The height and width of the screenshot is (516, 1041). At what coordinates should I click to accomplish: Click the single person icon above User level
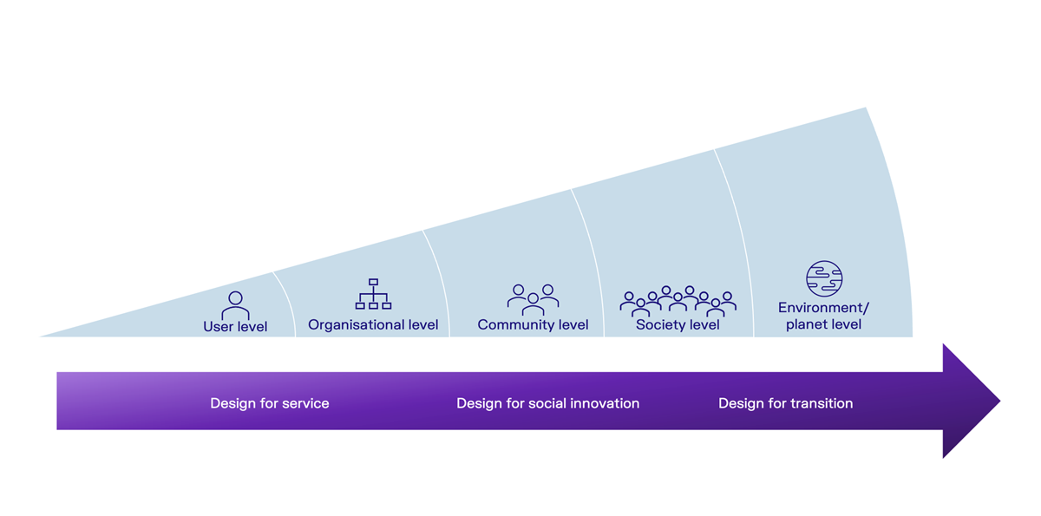[235, 305]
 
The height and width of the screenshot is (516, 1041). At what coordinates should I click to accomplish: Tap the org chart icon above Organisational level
[373, 294]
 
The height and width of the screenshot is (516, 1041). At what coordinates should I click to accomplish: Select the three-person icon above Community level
[533, 299]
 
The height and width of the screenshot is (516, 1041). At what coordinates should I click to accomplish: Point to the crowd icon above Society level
[678, 301]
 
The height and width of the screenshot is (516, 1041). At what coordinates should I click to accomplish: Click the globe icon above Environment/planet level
[823, 278]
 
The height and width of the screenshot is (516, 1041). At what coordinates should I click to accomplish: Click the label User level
[235, 327]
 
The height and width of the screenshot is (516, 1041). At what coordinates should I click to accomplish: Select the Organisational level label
[373, 325]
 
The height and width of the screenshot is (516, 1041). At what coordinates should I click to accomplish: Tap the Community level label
[533, 325]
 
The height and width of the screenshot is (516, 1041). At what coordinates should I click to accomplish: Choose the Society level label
[678, 325]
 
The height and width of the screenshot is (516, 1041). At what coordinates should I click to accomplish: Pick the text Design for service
[270, 403]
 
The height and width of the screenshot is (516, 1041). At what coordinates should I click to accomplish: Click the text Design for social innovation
[547, 403]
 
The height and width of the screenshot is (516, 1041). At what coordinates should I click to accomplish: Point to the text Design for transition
[785, 403]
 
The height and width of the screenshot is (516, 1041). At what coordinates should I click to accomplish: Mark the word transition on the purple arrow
[821, 403]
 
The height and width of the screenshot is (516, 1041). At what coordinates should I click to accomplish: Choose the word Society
[661, 325]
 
